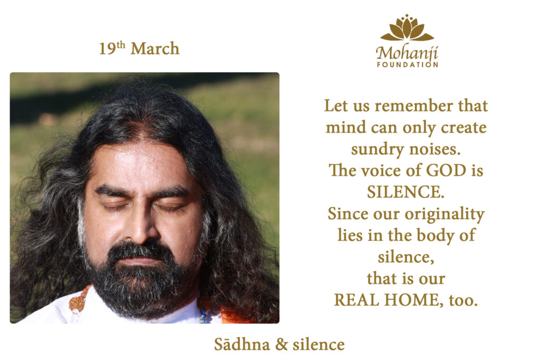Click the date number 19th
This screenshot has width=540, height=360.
click(112, 48)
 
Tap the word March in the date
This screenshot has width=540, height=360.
click(155, 48)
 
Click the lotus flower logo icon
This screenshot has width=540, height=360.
click(407, 27)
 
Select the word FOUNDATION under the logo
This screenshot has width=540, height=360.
click(408, 64)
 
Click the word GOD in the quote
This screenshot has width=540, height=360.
click(446, 170)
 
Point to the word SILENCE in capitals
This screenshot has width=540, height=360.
click(406, 192)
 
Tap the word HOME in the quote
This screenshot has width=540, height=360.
click(413, 300)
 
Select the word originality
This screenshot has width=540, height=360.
click(445, 215)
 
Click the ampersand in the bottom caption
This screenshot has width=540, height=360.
click(282, 345)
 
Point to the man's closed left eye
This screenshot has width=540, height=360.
click(170, 206)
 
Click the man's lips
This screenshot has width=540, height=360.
click(142, 259)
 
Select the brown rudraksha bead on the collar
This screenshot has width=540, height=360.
click(78, 301)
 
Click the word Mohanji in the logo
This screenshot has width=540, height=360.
click(407, 53)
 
